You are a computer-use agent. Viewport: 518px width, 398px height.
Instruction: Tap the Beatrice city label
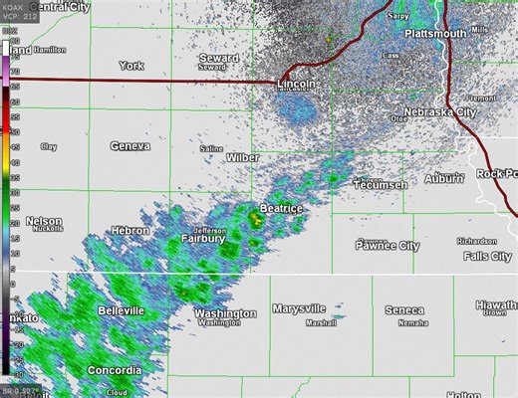click(x=280, y=209)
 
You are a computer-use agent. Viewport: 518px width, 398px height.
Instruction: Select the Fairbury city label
click(x=203, y=239)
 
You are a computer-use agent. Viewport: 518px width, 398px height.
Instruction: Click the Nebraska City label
click(x=439, y=112)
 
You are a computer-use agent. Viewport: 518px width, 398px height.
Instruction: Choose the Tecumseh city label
click(x=380, y=185)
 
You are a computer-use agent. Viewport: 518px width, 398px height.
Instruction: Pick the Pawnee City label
click(x=388, y=246)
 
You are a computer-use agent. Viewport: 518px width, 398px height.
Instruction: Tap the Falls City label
click(x=488, y=257)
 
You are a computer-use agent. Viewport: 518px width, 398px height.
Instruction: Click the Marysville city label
click(x=305, y=308)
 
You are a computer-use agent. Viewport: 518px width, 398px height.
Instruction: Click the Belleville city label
click(x=122, y=311)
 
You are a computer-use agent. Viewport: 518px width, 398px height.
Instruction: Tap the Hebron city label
click(x=130, y=230)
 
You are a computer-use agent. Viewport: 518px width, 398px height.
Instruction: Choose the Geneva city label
click(x=130, y=146)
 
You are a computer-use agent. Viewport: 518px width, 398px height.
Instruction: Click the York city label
click(x=131, y=66)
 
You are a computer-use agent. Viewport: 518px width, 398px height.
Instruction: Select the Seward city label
click(x=218, y=59)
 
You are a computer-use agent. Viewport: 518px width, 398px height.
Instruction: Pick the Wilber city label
click(x=243, y=158)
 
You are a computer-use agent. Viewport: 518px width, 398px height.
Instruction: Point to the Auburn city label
click(x=444, y=180)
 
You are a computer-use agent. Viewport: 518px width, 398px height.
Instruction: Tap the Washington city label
click(x=225, y=313)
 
